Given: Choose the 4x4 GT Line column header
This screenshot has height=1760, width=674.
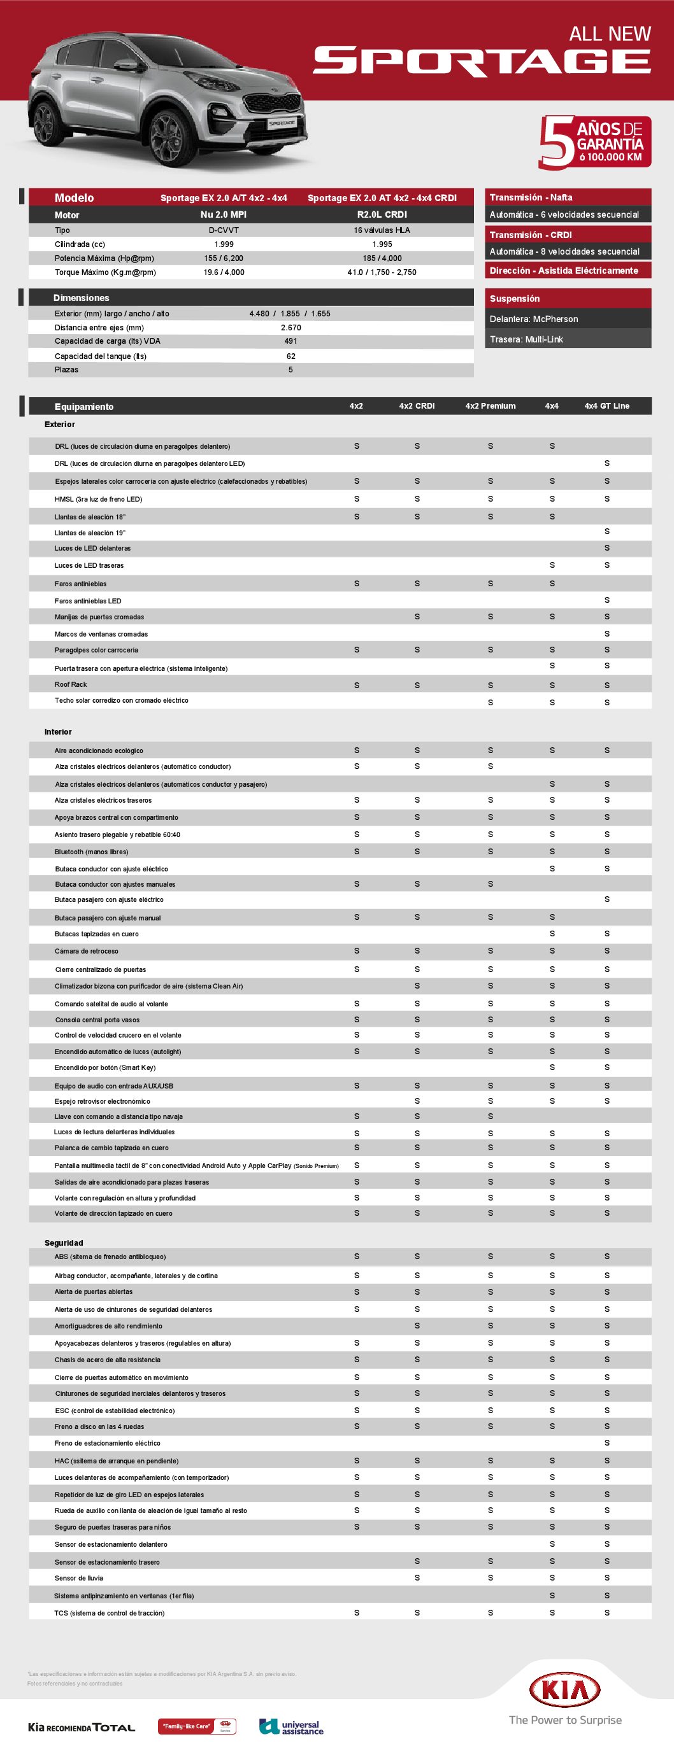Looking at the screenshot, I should coord(606,406).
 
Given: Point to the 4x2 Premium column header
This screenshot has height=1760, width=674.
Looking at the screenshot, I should coord(490,406).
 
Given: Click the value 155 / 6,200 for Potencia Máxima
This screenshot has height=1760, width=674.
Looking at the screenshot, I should coord(224,258).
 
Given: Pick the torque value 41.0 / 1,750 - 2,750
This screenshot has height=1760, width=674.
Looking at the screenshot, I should coord(382,272).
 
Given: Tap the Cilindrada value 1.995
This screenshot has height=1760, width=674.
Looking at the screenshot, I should coord(382,244).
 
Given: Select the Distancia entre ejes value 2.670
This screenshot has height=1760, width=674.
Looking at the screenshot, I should coord(290,327).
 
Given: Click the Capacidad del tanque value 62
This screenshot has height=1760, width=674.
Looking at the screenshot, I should coord(290,356).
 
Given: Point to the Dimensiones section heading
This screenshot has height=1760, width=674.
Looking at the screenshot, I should coord(82,298).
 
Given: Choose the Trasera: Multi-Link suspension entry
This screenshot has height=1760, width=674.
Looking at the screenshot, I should coord(526,339).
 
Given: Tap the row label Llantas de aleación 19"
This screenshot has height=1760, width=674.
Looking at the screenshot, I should coord(90,533).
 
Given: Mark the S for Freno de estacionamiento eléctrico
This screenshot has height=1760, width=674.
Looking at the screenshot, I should coord(606,1443).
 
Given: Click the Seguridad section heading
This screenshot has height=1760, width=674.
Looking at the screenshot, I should coord(64,1243).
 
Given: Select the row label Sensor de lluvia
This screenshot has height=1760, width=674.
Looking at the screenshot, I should coord(78,1577).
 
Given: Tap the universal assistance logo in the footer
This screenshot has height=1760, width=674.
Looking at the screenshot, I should coord(291,1726).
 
